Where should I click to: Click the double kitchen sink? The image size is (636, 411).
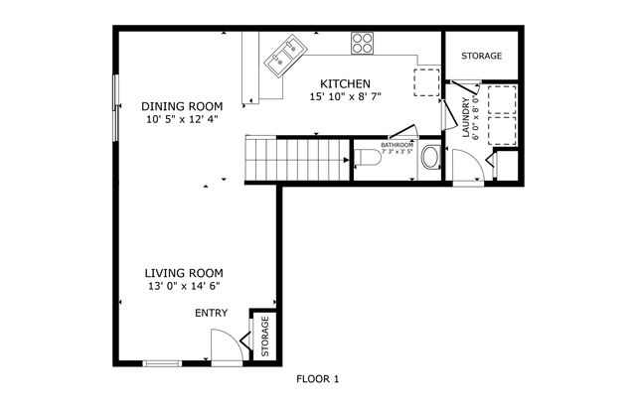[286, 50]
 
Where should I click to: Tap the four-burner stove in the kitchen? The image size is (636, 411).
[362, 43]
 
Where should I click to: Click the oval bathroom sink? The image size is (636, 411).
[431, 157]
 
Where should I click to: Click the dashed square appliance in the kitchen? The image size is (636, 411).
[426, 81]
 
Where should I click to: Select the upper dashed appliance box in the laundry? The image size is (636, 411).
[500, 98]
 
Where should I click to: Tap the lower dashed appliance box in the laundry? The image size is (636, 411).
[500, 129]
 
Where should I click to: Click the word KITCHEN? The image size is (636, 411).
[345, 83]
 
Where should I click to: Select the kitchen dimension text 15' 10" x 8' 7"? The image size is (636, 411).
[345, 97]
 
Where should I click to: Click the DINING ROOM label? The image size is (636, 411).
[181, 106]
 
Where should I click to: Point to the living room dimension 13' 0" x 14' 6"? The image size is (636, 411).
[183, 286]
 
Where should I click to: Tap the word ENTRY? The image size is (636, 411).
[211, 314]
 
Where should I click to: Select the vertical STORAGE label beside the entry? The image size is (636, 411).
[265, 338]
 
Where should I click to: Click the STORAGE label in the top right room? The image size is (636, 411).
[481, 57]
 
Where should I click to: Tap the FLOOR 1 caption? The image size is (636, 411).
[318, 379]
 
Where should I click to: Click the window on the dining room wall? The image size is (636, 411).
[115, 105]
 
